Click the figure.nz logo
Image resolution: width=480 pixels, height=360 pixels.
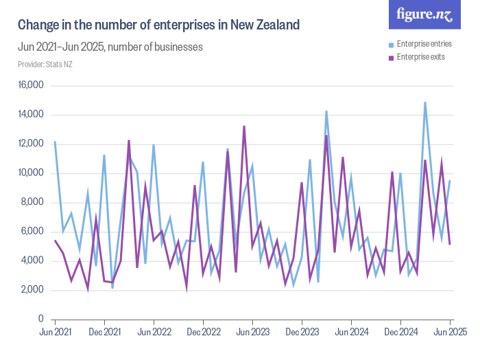click(x=424, y=15)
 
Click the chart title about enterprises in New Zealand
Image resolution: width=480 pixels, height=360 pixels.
click(x=158, y=25)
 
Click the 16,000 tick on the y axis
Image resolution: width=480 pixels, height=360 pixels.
click(x=30, y=86)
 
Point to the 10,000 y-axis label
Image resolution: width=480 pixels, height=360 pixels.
click(x=30, y=173)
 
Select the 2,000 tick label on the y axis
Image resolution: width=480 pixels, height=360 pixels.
click(x=32, y=290)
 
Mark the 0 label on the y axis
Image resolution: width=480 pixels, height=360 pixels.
click(x=40, y=320)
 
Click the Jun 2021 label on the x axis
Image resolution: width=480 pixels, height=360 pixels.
click(x=55, y=332)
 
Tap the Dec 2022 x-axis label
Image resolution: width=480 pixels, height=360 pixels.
click(x=203, y=332)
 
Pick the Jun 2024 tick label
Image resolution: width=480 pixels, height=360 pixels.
click(x=351, y=332)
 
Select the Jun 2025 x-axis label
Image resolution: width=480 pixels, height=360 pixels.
click(x=450, y=332)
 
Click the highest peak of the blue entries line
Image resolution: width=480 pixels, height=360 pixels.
click(x=425, y=103)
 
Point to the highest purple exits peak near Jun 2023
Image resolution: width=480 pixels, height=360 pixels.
click(x=244, y=126)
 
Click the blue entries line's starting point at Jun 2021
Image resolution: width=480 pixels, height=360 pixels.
click(x=55, y=142)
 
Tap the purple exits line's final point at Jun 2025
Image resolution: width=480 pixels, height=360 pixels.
click(x=450, y=244)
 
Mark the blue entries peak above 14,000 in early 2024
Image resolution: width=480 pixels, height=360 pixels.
click(x=326, y=111)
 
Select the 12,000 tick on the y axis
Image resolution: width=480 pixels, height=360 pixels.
click(x=30, y=144)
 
